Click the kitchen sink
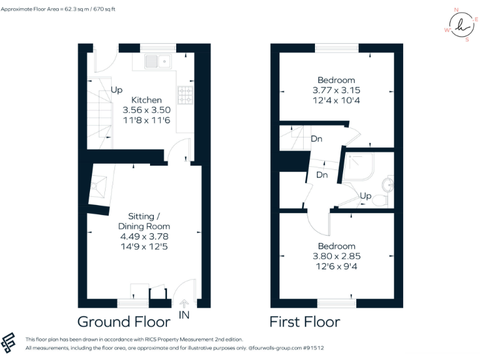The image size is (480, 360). coord(157,61)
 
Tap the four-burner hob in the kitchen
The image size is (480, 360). coord(186,94)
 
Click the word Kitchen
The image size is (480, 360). coord(146,100)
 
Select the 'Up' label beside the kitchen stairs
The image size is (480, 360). coord(117,90)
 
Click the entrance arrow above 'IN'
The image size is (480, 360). coord(184,304)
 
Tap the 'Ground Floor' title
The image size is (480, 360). coord(124,322)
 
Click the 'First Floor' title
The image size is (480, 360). coord(304,322)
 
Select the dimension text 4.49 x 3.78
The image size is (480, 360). coord(144,236)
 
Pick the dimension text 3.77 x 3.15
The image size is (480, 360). coord(336,90)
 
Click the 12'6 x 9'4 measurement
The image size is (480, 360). coord(336,266)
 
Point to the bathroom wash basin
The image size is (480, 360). coord(389,184)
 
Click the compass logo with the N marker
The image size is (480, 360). coord(461,27)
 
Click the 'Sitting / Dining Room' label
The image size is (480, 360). coord(144,221)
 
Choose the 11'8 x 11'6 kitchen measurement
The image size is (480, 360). coord(146,119)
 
